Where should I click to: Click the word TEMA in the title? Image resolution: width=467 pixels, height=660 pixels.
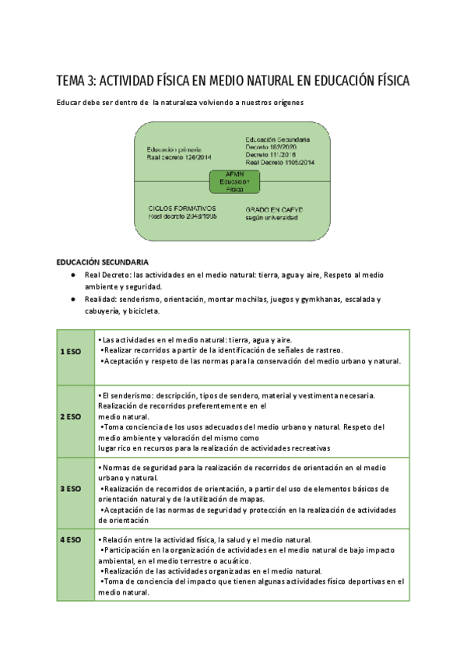click(x=72, y=82)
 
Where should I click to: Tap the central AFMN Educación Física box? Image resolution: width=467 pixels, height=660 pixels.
click(x=234, y=181)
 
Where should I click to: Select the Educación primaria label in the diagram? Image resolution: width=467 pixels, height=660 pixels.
click(x=175, y=148)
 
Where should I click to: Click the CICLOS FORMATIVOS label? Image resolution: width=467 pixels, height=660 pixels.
click(x=181, y=209)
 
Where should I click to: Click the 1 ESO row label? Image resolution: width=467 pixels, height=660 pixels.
click(x=71, y=352)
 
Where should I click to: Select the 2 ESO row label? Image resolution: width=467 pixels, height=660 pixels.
click(x=71, y=416)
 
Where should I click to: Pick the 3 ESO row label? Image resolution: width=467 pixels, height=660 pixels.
click(x=71, y=489)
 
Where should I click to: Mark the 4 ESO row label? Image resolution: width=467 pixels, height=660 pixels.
click(x=71, y=539)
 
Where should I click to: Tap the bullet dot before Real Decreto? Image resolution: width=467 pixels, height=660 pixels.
click(x=72, y=276)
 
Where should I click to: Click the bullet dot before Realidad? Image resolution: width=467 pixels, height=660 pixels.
click(x=72, y=300)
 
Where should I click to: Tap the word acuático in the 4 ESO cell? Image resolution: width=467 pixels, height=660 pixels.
click(x=233, y=560)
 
